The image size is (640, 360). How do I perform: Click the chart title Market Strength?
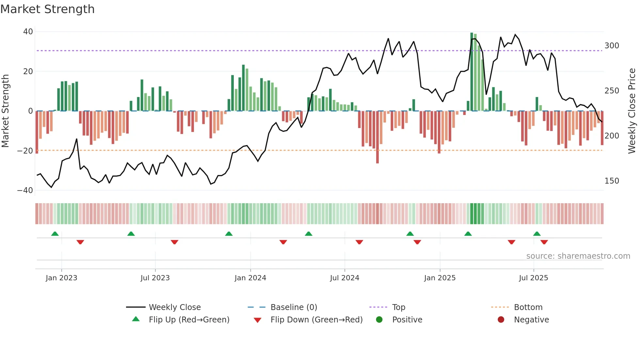pyautogui.click(x=47, y=9)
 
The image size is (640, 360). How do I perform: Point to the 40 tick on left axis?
pyautogui.click(x=28, y=32)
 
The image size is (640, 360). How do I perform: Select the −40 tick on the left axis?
pyautogui.click(x=25, y=190)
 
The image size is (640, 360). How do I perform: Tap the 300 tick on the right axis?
pyautogui.click(x=612, y=46)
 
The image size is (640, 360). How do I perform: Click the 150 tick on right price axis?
pyautogui.click(x=612, y=181)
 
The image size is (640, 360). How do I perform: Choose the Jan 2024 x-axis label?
pyautogui.click(x=250, y=278)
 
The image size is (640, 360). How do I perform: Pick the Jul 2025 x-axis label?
pyautogui.click(x=533, y=278)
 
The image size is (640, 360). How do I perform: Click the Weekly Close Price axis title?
pyautogui.click(x=632, y=111)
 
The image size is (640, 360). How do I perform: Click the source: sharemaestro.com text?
pyautogui.click(x=578, y=256)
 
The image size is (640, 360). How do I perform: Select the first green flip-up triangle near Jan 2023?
pyautogui.click(x=55, y=234)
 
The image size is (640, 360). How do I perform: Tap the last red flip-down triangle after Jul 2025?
pyautogui.click(x=544, y=242)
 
